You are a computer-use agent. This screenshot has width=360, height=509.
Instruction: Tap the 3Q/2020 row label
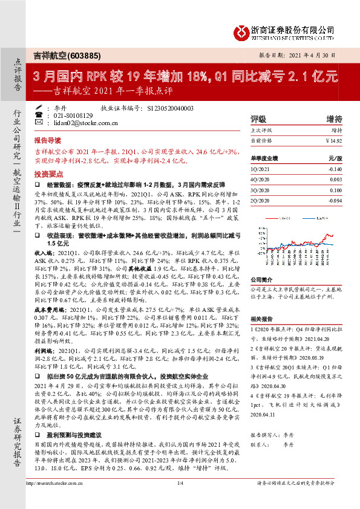point(258,190)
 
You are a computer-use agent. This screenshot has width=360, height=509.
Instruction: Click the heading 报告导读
point(48,138)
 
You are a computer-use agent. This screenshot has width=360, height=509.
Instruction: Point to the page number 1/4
point(180,499)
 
